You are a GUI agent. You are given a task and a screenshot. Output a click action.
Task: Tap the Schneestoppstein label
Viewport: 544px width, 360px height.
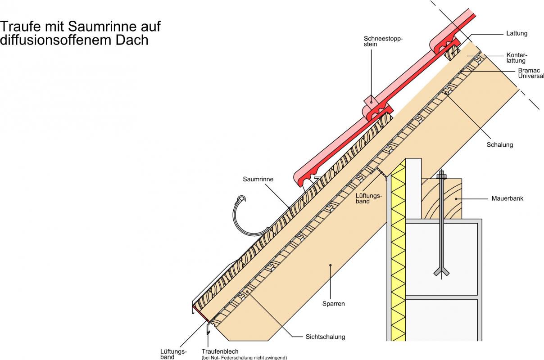pyautogui.click(x=383, y=41)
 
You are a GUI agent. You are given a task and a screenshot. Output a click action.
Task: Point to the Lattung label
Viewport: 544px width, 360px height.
pyautogui.click(x=517, y=33)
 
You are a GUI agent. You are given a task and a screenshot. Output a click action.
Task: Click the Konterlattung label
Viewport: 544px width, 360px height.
pyautogui.click(x=516, y=58)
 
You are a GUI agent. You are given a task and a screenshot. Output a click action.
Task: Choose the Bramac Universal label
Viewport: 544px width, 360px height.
pyautogui.click(x=530, y=73)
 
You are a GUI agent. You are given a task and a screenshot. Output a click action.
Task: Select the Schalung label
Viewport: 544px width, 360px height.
pyautogui.click(x=500, y=145)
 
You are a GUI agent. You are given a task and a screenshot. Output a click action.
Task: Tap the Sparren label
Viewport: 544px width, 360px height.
pyautogui.click(x=333, y=304)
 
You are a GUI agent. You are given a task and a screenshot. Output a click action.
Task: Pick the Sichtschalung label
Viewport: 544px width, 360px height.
pyautogui.click(x=325, y=337)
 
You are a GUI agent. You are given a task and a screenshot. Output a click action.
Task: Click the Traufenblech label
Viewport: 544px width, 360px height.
pyautogui.click(x=220, y=351)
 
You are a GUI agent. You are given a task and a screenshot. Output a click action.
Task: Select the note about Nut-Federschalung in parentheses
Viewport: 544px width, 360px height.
pyautogui.click(x=244, y=358)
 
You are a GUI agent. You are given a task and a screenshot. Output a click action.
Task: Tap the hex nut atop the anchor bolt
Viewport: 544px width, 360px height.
pyautogui.click(x=441, y=175)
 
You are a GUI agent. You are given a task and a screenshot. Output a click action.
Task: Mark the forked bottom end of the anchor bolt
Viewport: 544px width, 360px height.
pyautogui.click(x=441, y=271)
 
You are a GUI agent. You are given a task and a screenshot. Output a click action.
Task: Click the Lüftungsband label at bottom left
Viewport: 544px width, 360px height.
pyautogui.click(x=173, y=354)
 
